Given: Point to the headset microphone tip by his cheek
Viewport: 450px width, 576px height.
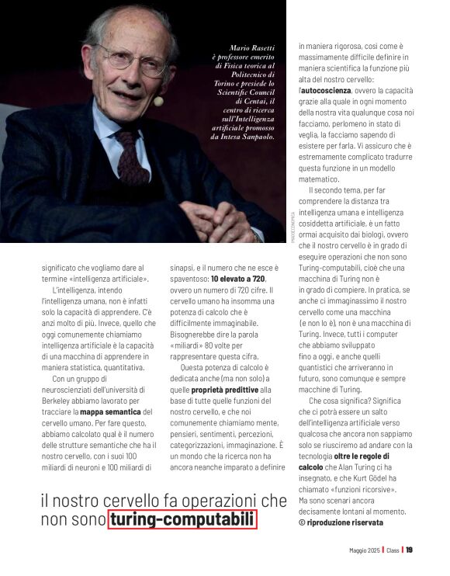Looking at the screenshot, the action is (158, 101).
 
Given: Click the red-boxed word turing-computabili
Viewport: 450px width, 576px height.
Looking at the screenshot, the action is (182, 519).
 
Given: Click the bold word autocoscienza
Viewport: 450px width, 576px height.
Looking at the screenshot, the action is (327, 91).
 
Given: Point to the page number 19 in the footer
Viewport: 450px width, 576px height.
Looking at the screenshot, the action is (410, 550).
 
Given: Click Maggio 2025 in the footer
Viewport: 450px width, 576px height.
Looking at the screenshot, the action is (364, 550).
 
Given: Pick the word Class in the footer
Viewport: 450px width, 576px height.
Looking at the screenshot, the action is (393, 550).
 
